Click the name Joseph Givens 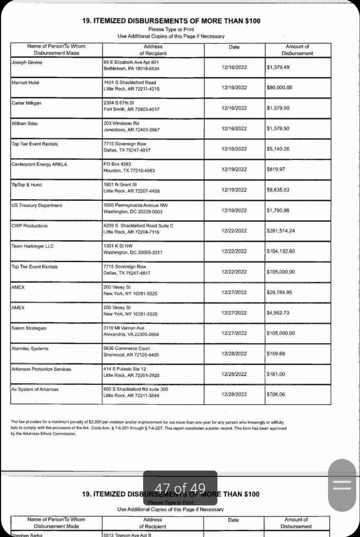tap(27, 62)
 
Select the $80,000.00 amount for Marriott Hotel tap(280, 88)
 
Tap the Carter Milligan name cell tap(27, 103)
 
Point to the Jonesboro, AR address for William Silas tap(131, 130)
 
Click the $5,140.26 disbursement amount tap(278, 149)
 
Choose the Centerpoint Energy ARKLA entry tap(39, 164)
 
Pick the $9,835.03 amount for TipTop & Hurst tap(278, 190)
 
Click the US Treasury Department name tap(37, 206)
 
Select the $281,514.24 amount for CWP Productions tap(281, 231)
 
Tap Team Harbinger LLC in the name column tap(33, 246)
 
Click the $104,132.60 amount tap(281, 251)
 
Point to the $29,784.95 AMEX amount tap(280, 292)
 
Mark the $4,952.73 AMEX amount tap(278, 313)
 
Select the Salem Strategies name tap(29, 328)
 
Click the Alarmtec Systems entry tap(30, 349)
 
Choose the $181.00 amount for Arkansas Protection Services tap(276, 374)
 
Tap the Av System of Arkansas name tap(35, 390)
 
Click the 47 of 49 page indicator tap(180, 488)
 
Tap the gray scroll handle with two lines tap(342, 485)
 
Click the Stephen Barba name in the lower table tap(27, 535)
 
